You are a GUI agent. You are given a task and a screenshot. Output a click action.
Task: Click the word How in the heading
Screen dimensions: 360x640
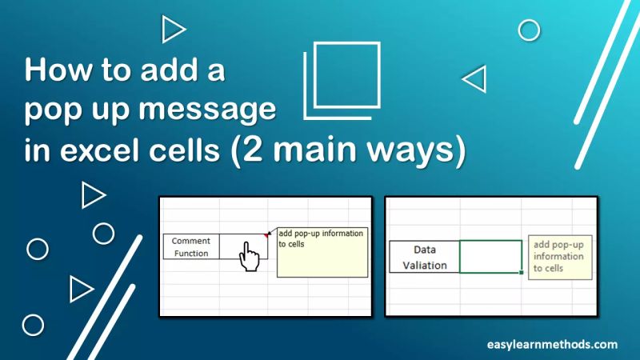click(53, 70)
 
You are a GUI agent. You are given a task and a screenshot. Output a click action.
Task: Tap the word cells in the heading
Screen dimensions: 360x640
click(185, 151)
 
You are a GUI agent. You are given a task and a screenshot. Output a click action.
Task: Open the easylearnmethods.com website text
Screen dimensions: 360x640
click(552, 344)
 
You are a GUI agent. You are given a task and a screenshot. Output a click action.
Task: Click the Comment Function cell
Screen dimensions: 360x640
click(190, 247)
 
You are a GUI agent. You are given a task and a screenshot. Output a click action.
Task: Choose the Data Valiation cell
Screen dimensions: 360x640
click(424, 257)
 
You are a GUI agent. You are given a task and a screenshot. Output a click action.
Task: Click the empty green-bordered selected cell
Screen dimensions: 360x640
click(490, 257)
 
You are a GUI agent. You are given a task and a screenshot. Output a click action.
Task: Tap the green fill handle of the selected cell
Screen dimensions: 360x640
click(522, 272)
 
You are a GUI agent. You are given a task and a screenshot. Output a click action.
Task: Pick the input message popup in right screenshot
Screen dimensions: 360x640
click(560, 257)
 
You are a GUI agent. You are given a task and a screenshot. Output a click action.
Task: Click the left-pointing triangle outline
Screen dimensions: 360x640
click(475, 79)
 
